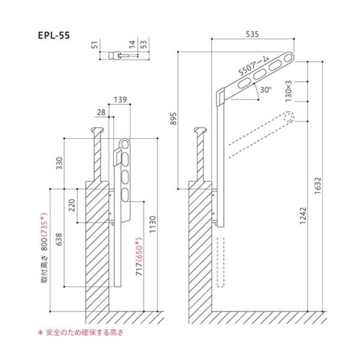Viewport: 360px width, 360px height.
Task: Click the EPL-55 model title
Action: click(53, 35)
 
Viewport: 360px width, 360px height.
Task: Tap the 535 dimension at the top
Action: click(252, 35)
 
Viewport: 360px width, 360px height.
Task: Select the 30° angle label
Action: click(266, 90)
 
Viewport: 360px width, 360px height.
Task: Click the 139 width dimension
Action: click(119, 99)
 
